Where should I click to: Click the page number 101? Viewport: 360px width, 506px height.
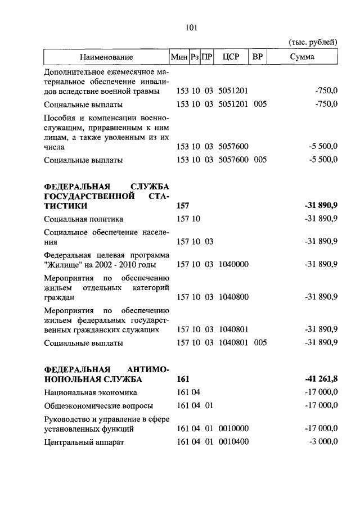point(188,26)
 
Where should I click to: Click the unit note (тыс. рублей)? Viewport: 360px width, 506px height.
point(313,42)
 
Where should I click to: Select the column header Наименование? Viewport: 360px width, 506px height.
point(106,57)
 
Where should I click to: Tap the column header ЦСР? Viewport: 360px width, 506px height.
point(231,57)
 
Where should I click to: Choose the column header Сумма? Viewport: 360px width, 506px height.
point(302,57)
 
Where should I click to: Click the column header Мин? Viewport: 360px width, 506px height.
point(179,57)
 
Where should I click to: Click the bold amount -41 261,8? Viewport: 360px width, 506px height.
point(319,379)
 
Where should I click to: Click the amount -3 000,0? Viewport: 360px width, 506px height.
point(323,442)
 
